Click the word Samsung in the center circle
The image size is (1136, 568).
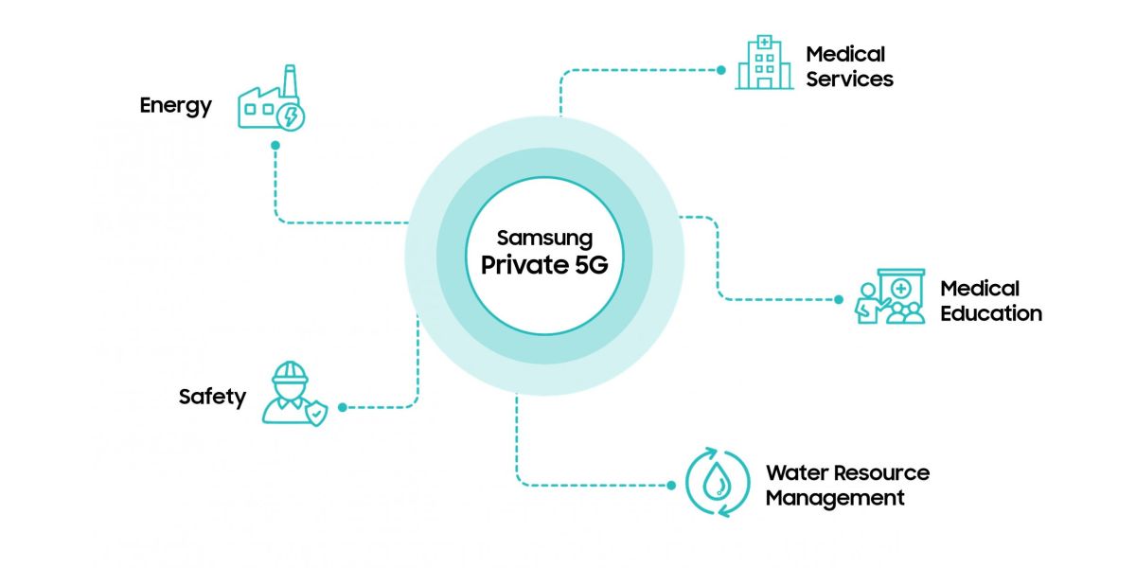[x=544, y=239]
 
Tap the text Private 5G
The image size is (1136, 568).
[x=544, y=265]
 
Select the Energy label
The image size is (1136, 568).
[x=175, y=106]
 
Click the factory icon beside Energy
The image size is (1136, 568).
[x=272, y=98]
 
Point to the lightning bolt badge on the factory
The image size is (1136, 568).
[x=291, y=117]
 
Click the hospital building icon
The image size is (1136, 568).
[x=764, y=62]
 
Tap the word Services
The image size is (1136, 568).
[x=849, y=80]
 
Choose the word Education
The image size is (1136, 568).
[x=991, y=313]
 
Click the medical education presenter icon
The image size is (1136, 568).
[x=890, y=296]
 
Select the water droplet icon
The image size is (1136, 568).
[x=718, y=482]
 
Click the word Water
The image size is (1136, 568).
[x=793, y=472]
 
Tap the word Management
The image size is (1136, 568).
[x=835, y=498]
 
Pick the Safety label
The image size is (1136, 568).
[x=212, y=397]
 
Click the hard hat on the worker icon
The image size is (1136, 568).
[x=290, y=372]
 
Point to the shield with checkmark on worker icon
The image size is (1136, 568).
[x=316, y=413]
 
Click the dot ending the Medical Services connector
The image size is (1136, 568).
[x=721, y=70]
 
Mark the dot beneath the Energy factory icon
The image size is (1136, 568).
[x=275, y=146]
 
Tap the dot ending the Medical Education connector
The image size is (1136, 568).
[x=839, y=300]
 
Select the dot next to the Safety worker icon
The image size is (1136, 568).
[x=343, y=407]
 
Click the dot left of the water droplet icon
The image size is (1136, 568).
[x=671, y=486]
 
